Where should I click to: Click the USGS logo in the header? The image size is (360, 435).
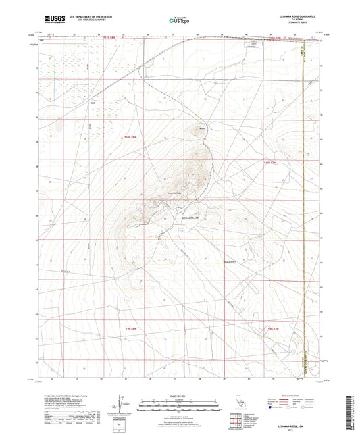pyautogui.click(x=53, y=20)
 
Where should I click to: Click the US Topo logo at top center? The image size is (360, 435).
pyautogui.click(x=177, y=21)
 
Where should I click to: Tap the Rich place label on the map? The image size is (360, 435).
pyautogui.click(x=93, y=103)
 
